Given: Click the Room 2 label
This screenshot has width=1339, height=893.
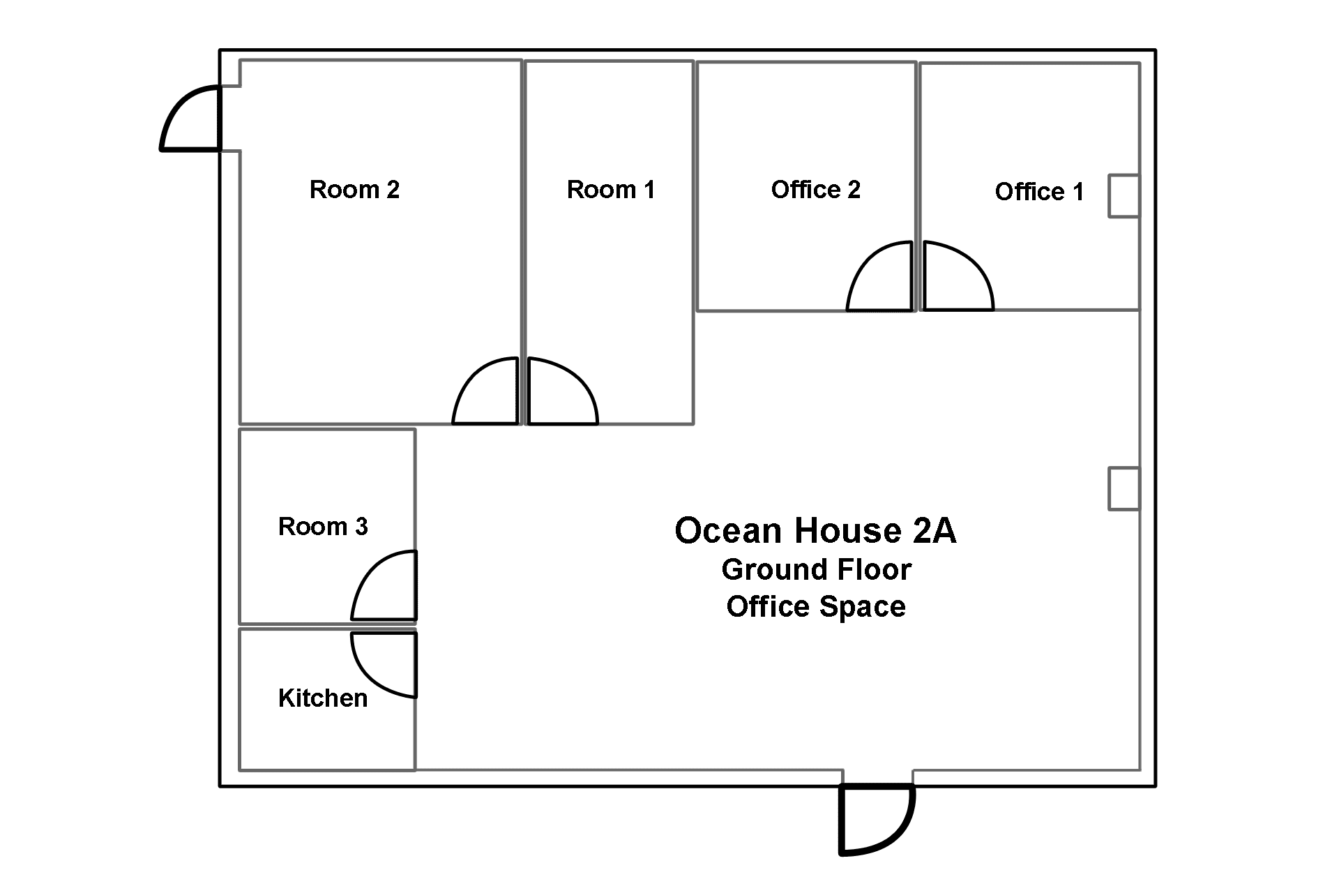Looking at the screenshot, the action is [354, 189].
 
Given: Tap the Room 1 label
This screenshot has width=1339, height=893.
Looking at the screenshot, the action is [611, 189].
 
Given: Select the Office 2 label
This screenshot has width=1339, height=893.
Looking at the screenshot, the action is [816, 189].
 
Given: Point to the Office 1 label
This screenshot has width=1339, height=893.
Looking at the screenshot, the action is [1039, 191].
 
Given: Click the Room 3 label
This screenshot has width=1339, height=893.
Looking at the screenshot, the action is [323, 526].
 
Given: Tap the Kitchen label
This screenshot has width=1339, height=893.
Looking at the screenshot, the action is [323, 698].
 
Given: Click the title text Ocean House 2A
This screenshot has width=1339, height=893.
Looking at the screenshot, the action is [815, 530].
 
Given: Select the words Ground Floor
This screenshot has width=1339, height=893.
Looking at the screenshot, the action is [816, 569].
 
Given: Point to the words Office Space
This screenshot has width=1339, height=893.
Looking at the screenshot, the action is [816, 606].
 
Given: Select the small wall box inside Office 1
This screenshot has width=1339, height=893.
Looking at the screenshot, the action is [1124, 196].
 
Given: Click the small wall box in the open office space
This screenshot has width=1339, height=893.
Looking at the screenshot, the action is [1124, 488].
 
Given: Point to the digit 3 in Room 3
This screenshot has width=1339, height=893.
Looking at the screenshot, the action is [361, 526].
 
